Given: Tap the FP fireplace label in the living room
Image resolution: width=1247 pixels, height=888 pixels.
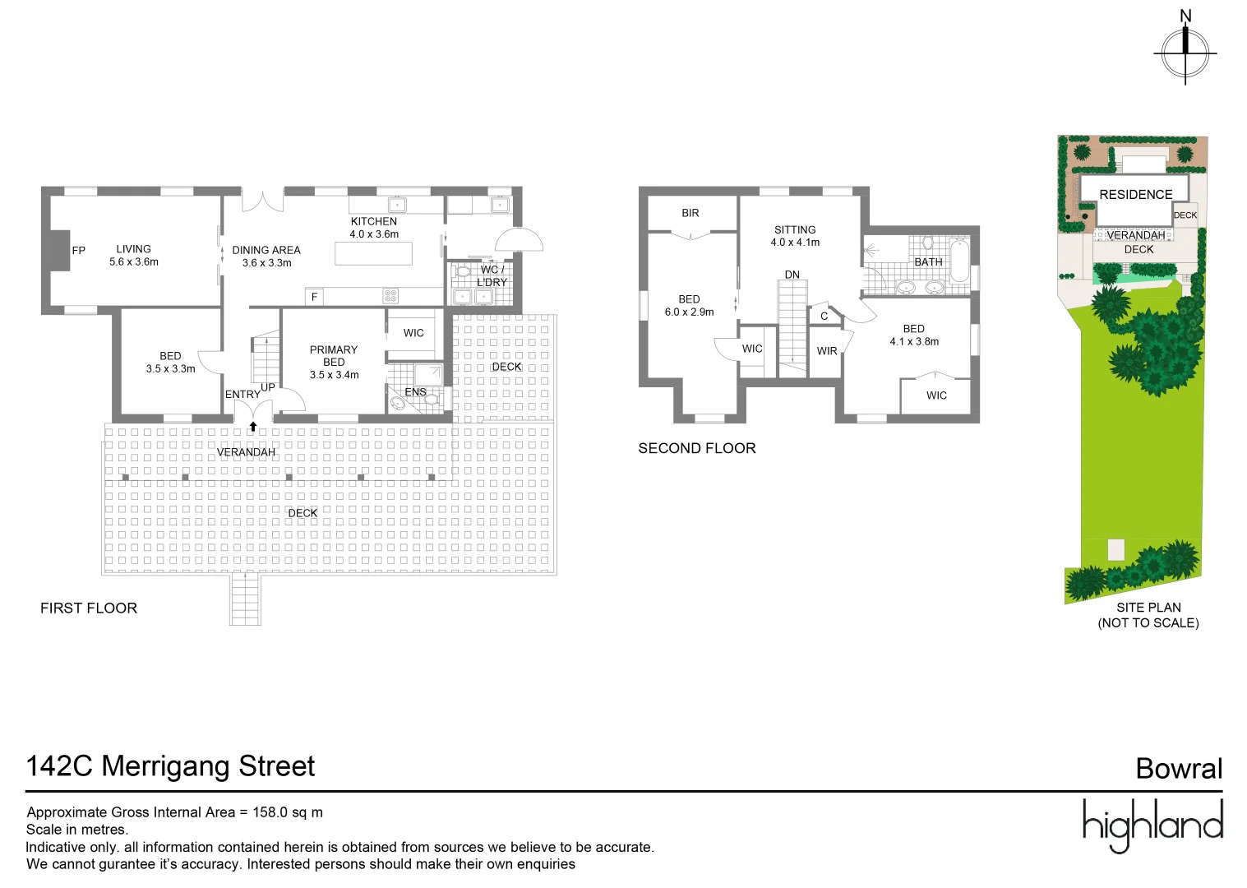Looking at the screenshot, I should (x=79, y=251).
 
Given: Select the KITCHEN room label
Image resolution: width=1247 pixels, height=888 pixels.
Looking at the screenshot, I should (x=373, y=221).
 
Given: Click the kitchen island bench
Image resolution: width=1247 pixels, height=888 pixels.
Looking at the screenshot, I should (x=373, y=253).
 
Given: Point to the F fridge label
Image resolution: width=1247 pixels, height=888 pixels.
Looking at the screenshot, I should (x=314, y=297).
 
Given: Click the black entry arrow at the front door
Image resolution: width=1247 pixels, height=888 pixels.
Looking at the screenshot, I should (x=253, y=426).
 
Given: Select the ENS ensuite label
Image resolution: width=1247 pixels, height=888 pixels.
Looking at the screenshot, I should (x=415, y=392).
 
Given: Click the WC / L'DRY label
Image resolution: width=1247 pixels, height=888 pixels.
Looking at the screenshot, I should (x=492, y=275).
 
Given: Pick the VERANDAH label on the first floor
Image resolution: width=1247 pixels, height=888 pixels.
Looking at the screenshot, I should (x=246, y=452).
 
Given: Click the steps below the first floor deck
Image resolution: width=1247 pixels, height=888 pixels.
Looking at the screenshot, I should (x=245, y=599).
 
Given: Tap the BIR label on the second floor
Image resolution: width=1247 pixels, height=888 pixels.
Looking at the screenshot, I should (x=690, y=213).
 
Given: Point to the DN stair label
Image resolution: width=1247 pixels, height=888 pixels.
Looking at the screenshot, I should (x=792, y=275).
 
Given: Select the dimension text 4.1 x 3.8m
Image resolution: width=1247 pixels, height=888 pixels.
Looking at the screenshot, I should (x=914, y=342).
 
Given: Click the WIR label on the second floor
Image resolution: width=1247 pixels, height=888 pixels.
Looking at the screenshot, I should (x=827, y=351).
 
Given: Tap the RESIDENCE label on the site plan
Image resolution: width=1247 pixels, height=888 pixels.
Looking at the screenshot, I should (x=1135, y=195).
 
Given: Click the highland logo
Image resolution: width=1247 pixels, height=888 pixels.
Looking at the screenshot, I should (x=1152, y=825).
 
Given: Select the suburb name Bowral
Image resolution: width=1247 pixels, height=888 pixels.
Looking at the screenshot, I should (x=1179, y=769).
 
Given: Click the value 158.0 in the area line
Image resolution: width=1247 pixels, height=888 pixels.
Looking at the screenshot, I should (x=270, y=812).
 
